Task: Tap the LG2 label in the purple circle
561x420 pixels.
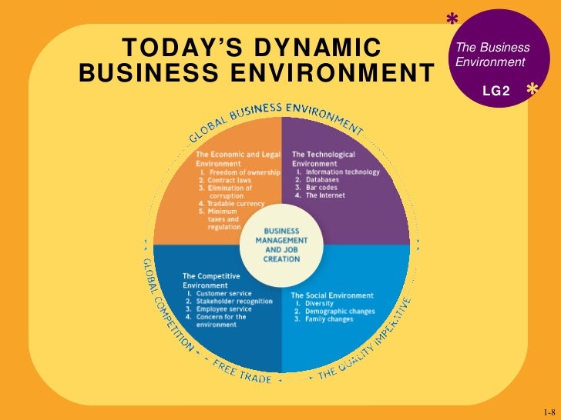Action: (x=495, y=91)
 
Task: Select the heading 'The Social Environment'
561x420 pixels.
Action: (x=331, y=295)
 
